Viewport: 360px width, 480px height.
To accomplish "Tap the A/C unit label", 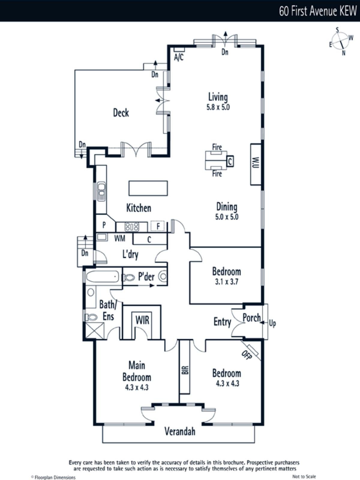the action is point(179,57).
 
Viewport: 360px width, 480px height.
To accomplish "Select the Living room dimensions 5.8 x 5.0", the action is point(218,107).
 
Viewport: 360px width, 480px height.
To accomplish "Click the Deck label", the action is point(121,113).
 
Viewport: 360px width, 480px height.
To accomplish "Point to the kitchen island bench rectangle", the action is point(148,188).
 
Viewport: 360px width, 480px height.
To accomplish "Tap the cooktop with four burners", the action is point(132,227).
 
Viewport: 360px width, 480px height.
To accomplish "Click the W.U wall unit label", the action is point(256,163).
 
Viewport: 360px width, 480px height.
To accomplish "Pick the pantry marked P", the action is point(104,225).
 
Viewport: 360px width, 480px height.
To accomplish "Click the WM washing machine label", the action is point(120,238).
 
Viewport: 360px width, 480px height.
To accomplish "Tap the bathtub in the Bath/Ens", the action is point(103,276).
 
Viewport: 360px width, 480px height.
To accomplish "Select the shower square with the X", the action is point(95,330).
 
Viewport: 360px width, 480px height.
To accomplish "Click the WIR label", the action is point(142,320).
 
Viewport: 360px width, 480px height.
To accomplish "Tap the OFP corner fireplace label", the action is point(247,355).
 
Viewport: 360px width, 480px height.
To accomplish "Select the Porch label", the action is point(252,318).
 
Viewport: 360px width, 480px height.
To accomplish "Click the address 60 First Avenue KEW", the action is point(318,11).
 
